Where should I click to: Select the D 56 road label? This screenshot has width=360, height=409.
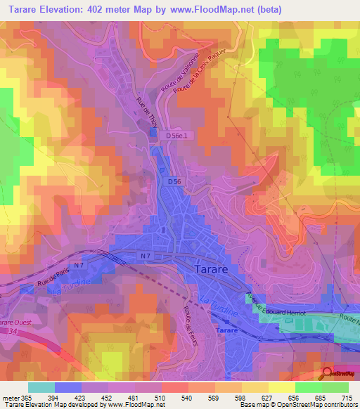coord(177,182)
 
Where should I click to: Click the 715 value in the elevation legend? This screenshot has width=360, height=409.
coord(345,398)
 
